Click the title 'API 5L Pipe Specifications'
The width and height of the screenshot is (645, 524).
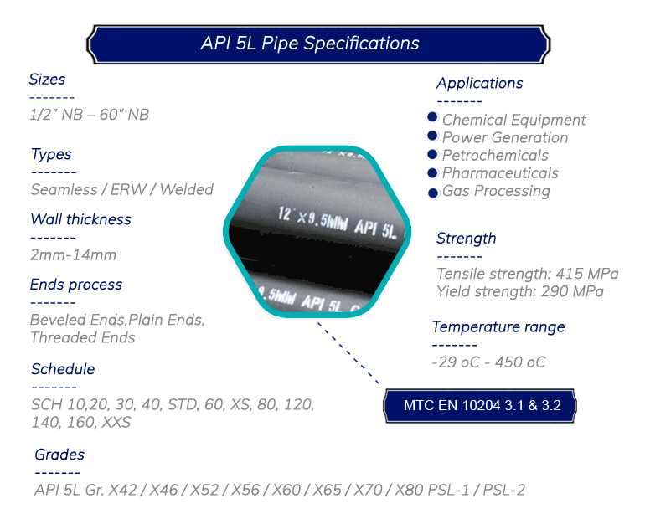point(310,44)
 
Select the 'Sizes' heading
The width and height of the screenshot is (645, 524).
point(47,80)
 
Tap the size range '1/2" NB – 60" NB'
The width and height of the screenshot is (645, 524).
point(90,115)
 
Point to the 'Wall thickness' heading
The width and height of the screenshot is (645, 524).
point(81,219)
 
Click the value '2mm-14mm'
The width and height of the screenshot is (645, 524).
point(73,255)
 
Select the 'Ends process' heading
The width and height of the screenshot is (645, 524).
point(76,285)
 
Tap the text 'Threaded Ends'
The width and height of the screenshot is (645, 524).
point(83,337)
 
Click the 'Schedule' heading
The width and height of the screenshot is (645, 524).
point(63,369)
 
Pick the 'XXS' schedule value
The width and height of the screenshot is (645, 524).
point(116,422)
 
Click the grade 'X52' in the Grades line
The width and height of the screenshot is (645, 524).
point(204,490)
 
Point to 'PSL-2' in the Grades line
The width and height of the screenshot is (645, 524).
point(504,490)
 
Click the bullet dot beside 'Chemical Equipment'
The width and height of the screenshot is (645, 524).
point(432,117)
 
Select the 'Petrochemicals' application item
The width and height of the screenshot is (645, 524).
point(495,156)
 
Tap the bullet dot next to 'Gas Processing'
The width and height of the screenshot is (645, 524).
point(433,193)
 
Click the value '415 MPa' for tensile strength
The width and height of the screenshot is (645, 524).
point(587,274)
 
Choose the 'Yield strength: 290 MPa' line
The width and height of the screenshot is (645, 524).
point(520,291)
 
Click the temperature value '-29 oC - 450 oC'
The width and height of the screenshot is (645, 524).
point(488,362)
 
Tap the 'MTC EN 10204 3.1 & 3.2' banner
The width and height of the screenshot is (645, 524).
point(480,406)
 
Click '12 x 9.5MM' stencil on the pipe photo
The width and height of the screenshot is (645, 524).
point(312,219)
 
